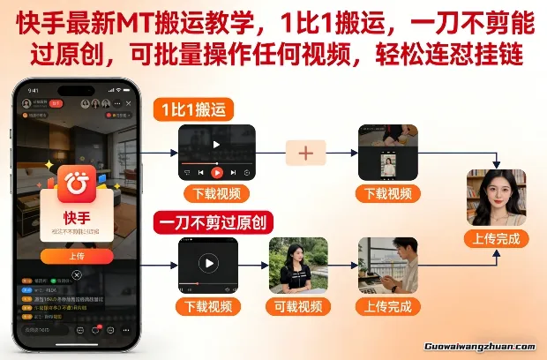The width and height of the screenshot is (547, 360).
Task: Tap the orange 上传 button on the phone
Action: coord(77,256)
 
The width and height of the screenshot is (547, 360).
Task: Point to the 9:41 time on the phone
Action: coord(34,90)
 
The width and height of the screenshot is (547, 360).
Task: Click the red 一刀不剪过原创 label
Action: coord(212,221)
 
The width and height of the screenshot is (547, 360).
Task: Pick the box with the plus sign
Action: coord(305,153)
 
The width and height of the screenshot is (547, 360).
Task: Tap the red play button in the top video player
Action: coord(217,172)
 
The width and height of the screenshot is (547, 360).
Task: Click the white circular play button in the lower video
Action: coord(208,263)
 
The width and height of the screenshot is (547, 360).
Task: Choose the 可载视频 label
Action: coord(297,306)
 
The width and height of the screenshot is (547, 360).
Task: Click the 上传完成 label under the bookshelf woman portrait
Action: coord(496,238)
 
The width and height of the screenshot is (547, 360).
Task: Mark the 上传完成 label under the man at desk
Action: coord(387,306)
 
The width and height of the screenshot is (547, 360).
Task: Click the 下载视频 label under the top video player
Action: coord(216,193)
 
